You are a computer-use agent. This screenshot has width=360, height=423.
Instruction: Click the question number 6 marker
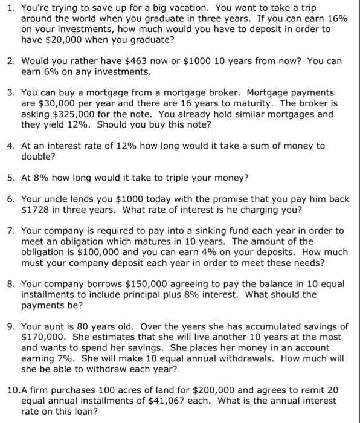pos(11,199)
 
